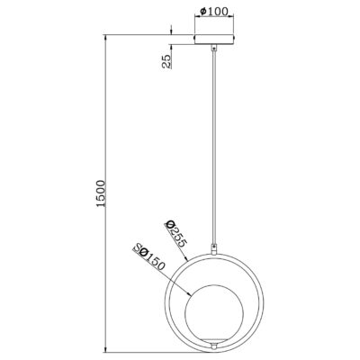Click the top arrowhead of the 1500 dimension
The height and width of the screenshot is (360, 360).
coord(108,39)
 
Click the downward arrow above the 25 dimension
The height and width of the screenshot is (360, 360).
coord(170,33)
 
